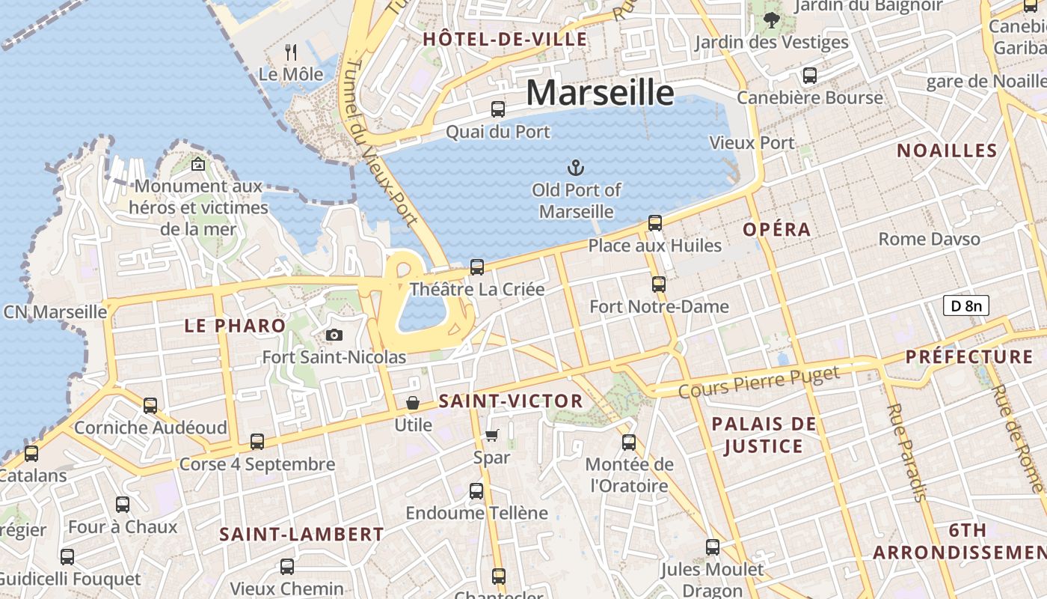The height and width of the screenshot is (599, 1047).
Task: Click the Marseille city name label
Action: (x=600, y=92)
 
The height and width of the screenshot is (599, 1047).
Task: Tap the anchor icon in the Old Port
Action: (x=576, y=167)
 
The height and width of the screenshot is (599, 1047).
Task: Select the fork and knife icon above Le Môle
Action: (x=291, y=52)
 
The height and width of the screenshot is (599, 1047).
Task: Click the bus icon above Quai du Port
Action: (x=498, y=109)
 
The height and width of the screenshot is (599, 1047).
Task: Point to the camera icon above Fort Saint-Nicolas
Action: (x=334, y=335)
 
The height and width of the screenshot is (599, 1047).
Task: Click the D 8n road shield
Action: (x=965, y=305)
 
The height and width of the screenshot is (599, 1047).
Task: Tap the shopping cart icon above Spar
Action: (x=491, y=435)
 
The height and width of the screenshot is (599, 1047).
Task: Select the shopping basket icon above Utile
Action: (x=413, y=403)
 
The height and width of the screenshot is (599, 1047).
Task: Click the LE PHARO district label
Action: (x=235, y=326)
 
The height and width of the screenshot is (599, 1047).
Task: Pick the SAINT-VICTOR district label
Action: (x=511, y=401)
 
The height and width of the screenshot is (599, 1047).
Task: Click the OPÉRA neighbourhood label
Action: (x=777, y=230)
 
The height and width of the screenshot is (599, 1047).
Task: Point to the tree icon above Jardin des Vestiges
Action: (x=772, y=20)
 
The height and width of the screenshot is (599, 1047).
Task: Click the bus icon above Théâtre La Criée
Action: (x=476, y=267)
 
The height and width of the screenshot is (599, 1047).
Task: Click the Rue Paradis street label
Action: (x=906, y=452)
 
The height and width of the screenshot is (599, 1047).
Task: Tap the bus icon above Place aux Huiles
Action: (x=655, y=222)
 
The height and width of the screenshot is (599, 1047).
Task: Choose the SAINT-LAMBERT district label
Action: (x=301, y=535)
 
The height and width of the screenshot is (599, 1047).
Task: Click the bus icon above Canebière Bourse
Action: (x=810, y=75)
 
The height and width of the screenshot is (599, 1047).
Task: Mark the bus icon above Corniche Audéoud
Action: (x=150, y=406)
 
